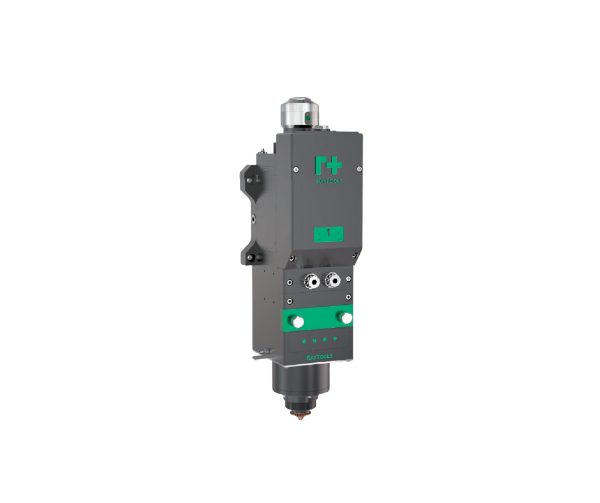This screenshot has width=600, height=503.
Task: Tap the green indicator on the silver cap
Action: point(307,118)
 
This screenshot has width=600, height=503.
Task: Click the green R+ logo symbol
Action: point(328,165)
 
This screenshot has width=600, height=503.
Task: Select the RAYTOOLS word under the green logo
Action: point(328,181)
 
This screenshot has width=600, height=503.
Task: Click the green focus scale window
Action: point(328,234)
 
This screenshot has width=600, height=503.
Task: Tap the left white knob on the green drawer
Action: point(298,322)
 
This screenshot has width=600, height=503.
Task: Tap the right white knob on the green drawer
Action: point(345,317)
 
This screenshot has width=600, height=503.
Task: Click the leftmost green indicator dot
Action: point(304,341)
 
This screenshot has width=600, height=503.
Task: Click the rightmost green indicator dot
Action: point(335,339)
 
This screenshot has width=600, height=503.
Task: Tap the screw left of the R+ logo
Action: point(297,168)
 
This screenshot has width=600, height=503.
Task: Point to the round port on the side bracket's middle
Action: point(254,218)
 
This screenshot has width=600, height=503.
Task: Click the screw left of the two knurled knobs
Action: point(289,282)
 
